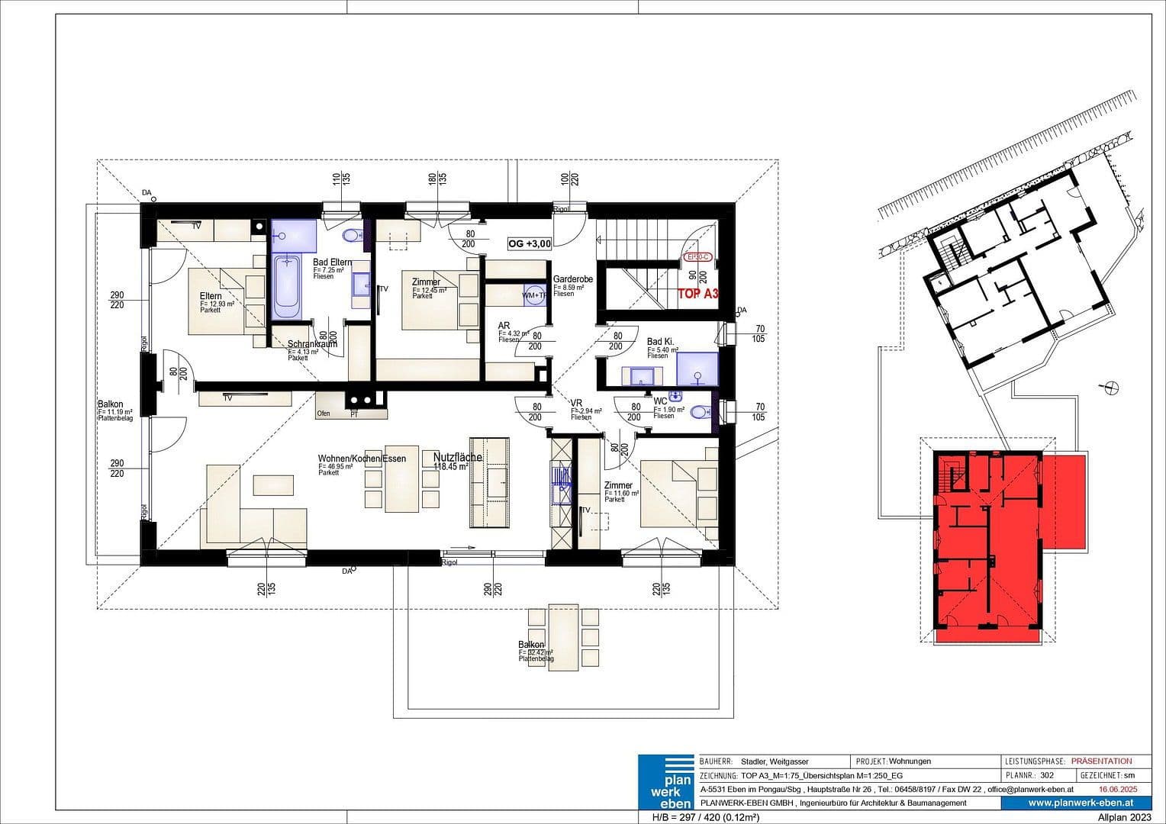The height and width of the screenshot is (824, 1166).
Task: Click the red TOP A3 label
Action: pos(697,293)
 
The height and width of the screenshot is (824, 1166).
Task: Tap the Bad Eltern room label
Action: pos(332,262)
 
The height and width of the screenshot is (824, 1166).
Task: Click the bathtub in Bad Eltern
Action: pos(287,287)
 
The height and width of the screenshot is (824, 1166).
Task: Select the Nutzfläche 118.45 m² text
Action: pos(456,462)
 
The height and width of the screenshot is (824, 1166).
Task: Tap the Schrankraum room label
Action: pos(311,344)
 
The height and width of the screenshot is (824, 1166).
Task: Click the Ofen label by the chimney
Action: pos(324,414)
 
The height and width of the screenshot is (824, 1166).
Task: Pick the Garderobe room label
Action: pos(572,280)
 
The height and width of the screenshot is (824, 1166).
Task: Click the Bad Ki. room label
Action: pos(660,342)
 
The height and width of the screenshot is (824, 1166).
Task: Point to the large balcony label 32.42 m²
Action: pos(535,651)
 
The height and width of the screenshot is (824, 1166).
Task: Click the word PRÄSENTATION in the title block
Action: pos(1101,761)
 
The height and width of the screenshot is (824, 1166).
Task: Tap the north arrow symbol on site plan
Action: pos(1112,388)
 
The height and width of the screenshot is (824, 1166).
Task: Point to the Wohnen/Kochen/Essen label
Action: pos(361,459)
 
